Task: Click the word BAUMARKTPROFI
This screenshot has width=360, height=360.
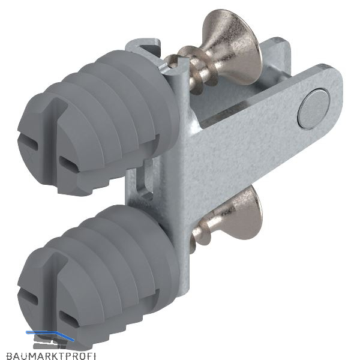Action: [51, 355]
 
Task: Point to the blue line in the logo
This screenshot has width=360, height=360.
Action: [50, 335]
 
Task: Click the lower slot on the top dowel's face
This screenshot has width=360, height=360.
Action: [70, 164]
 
